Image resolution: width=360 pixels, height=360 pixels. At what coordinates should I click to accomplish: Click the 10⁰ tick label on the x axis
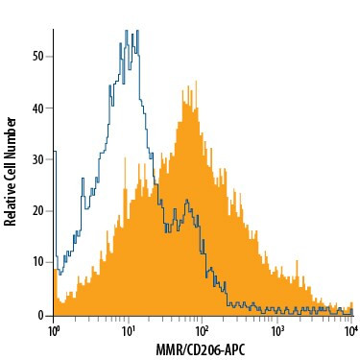click(54, 330)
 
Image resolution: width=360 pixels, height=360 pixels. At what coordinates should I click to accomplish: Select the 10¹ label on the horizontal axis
click(128, 330)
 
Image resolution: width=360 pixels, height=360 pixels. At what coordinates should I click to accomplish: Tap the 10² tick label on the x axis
click(203, 330)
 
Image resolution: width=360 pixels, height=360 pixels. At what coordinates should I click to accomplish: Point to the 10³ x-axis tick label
click(277, 330)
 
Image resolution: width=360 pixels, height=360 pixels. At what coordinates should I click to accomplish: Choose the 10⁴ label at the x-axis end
click(350, 330)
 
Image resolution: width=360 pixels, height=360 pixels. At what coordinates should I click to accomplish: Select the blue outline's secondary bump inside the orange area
click(188, 201)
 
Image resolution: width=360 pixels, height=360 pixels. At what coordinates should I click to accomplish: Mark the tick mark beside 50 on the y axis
click(50, 56)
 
